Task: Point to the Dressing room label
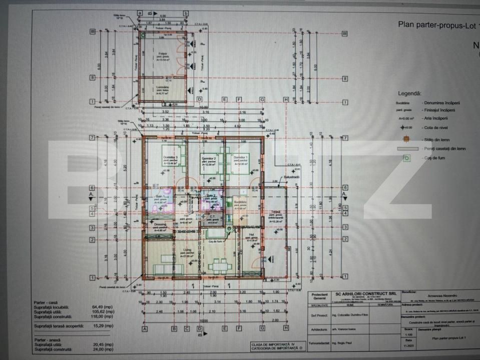(x=160, y=225)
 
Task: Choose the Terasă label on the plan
(x=276, y=212)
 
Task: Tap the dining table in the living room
(x=217, y=265)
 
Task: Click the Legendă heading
(x=409, y=93)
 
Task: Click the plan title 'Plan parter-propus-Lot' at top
(x=430, y=23)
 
